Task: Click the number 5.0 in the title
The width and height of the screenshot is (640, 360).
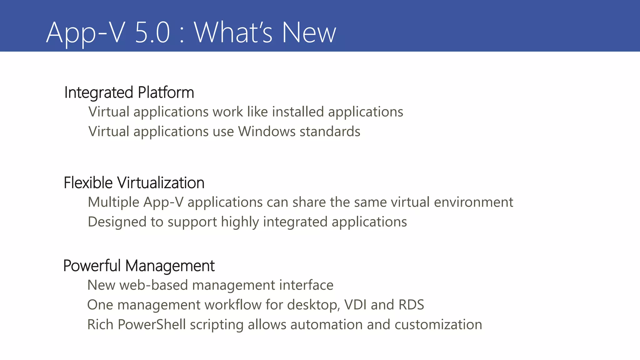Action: (x=152, y=32)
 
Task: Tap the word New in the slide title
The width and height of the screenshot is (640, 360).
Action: (x=309, y=32)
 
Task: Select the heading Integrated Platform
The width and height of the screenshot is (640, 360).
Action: (x=129, y=92)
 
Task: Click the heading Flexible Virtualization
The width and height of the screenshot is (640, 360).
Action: (x=134, y=183)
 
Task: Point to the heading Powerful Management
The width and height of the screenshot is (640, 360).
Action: (x=139, y=266)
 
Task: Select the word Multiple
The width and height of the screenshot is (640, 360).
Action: (x=113, y=202)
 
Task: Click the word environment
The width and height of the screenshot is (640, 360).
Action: (x=473, y=202)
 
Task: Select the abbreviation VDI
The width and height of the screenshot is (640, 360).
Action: (x=355, y=305)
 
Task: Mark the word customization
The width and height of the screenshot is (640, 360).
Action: (x=438, y=325)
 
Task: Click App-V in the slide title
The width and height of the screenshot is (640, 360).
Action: (x=86, y=32)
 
